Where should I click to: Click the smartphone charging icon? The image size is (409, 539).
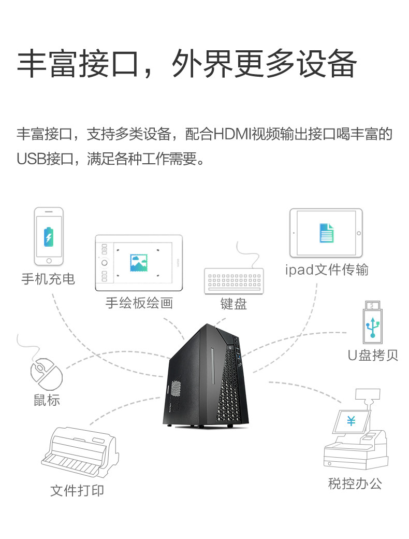coord(49,236)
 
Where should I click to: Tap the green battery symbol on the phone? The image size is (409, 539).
coord(49,236)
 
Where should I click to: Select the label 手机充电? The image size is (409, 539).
coord(48,279)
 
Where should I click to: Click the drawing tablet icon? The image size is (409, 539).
coord(139,262)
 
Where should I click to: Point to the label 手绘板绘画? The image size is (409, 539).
coord(139,303)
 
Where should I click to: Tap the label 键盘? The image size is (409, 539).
coord(233,304)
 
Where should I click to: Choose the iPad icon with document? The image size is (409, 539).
coord(326,233)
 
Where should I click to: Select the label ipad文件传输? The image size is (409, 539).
coord(327,269)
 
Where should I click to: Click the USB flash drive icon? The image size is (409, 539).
coord(372,321)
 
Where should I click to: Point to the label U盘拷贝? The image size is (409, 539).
coord(373,356)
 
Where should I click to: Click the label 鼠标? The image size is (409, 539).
coord(47,400)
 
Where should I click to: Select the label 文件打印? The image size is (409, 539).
coord(77,490)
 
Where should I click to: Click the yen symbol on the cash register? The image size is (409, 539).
coord(351,421)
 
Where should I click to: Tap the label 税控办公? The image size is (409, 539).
coord(355,484)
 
